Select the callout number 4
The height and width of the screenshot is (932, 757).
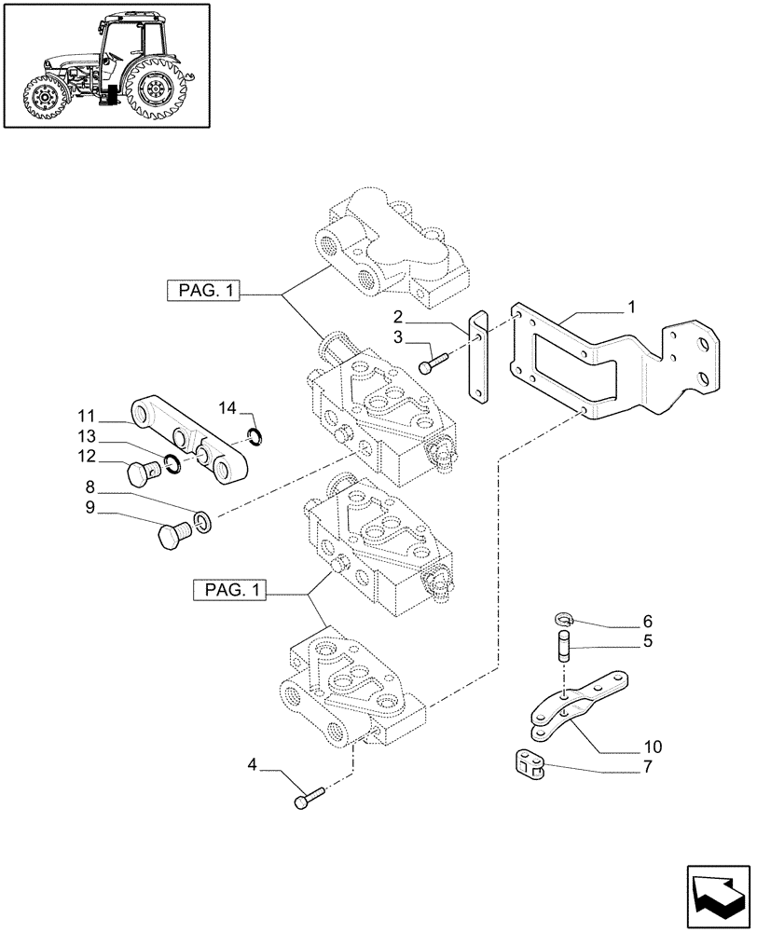(x=252, y=765)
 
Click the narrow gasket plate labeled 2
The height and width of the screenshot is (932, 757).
(x=478, y=359)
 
